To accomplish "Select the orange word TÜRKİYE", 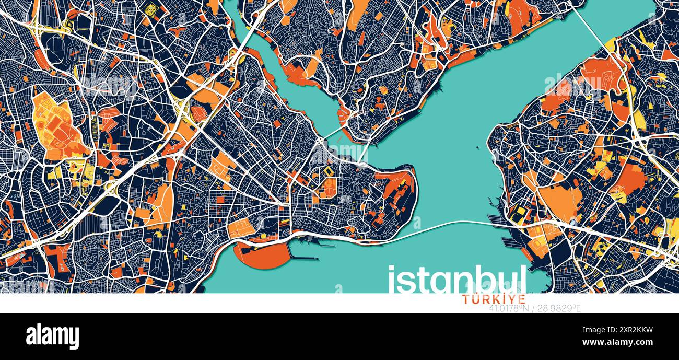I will pyautogui.click(x=487, y=299).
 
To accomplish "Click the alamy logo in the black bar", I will pyautogui.click(x=52, y=336).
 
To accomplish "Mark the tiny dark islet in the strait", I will pyautogui.click(x=478, y=148).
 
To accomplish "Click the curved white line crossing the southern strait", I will pyautogui.click(x=444, y=226).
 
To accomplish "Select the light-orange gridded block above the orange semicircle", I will pyautogui.click(x=241, y=228).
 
